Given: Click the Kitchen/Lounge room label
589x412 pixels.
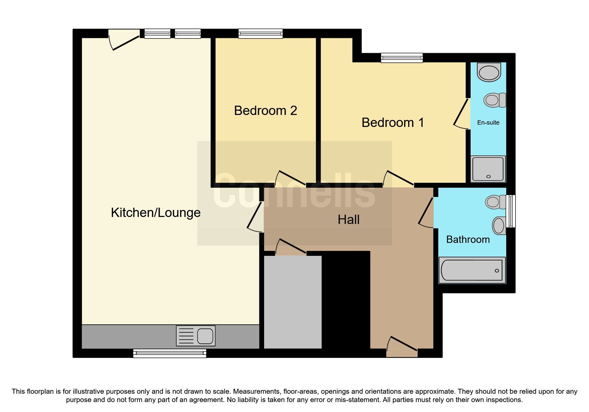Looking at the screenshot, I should click(x=156, y=213).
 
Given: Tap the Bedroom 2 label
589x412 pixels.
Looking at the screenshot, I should click(x=265, y=111).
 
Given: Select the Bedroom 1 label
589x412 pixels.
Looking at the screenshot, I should click(x=392, y=123).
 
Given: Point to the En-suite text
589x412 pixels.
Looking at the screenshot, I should click(x=488, y=123).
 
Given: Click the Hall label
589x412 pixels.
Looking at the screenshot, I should click(x=348, y=220).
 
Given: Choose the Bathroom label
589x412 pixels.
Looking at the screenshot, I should click(x=468, y=240).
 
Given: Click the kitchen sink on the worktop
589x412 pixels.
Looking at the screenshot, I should click(x=196, y=336).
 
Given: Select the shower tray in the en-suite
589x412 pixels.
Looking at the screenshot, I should click(x=488, y=169).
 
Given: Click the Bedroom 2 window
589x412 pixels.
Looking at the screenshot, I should click(x=260, y=34).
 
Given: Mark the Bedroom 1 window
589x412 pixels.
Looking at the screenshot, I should click(x=402, y=58).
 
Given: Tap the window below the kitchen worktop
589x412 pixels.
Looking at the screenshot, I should click(x=170, y=353).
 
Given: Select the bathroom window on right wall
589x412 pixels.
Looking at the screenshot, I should click(x=511, y=211).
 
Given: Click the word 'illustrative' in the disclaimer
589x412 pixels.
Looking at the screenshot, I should click(x=88, y=391).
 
